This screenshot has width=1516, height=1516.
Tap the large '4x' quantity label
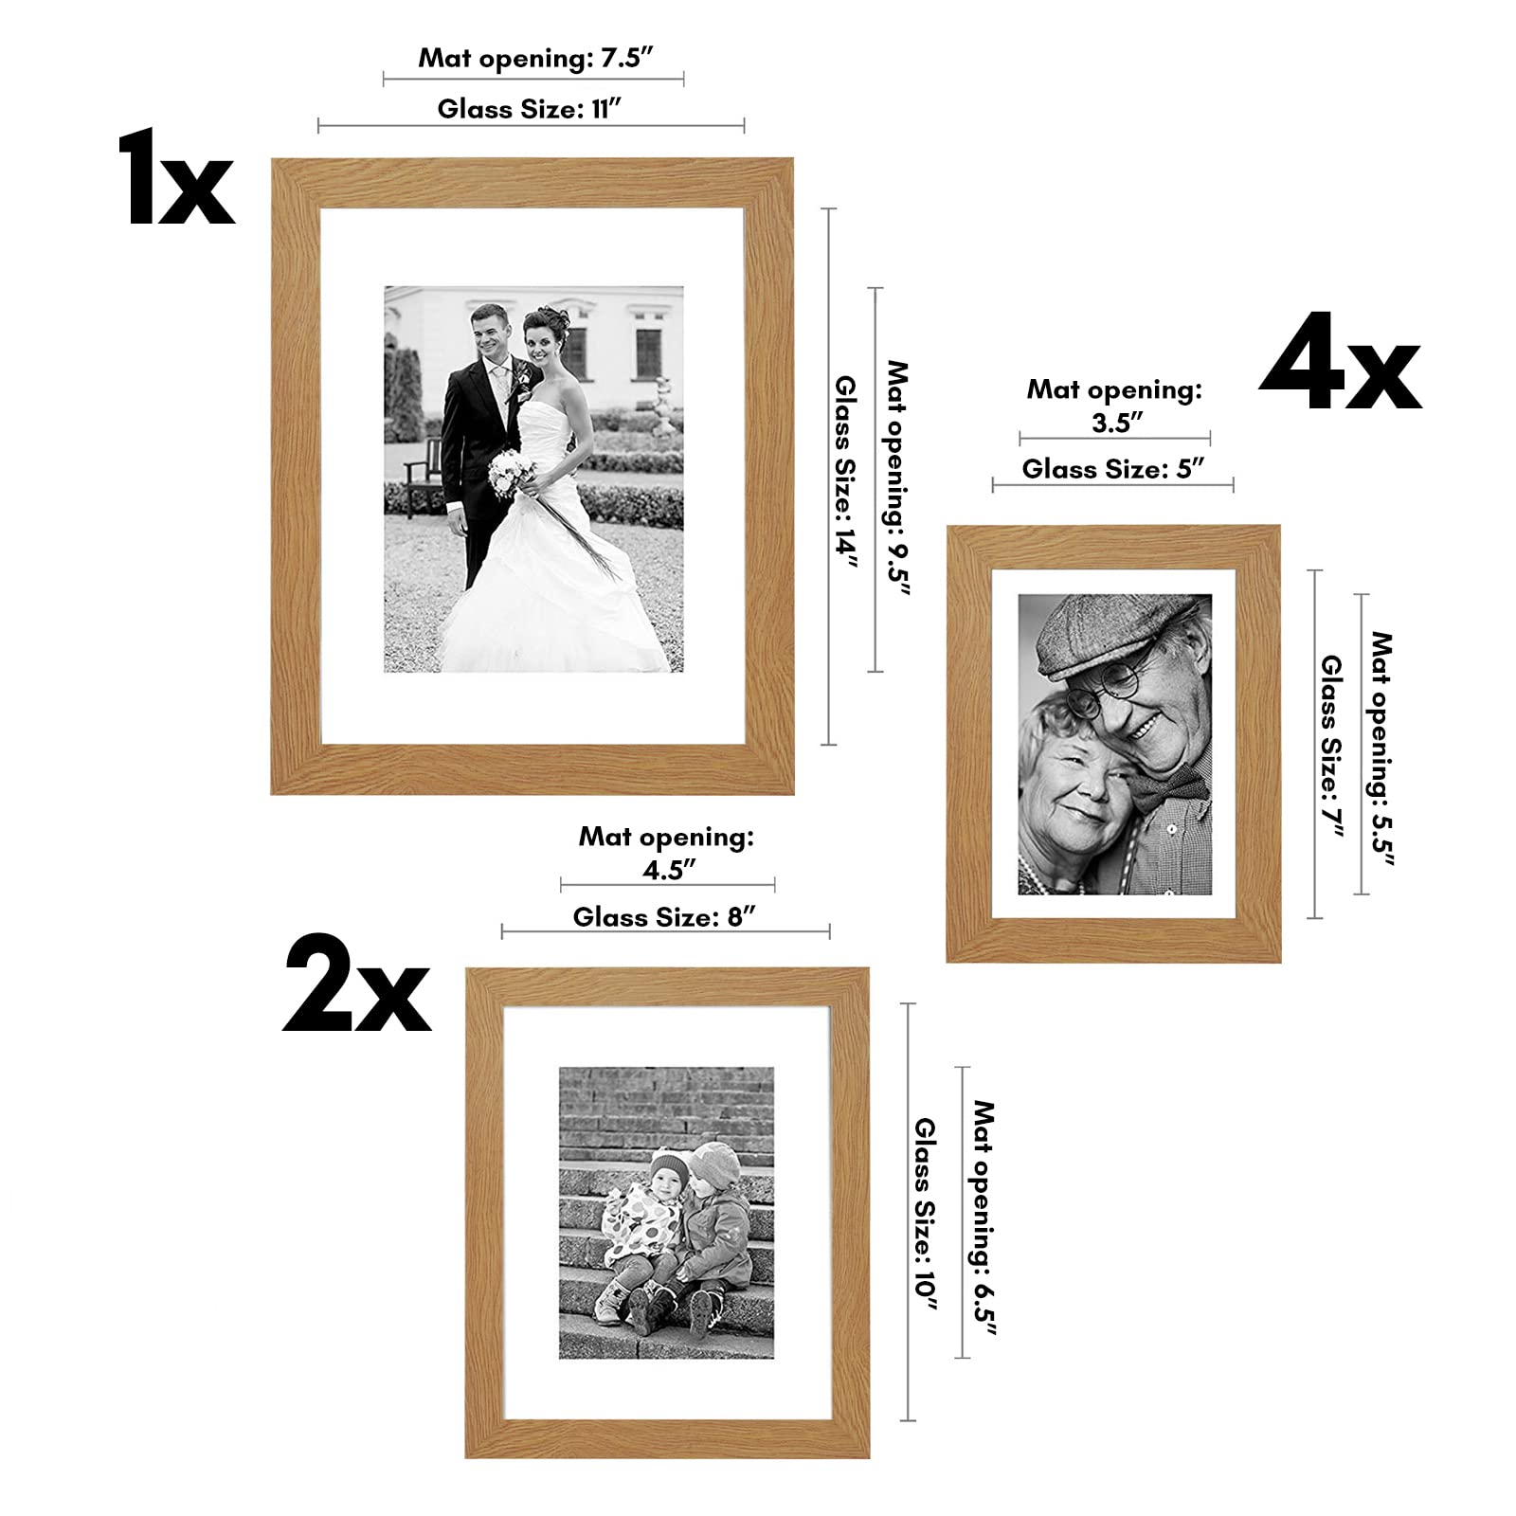1340,364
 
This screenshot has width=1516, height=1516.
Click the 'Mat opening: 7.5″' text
536,57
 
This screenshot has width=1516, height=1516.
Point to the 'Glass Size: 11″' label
530,108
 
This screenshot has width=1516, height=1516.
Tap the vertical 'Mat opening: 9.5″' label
896,478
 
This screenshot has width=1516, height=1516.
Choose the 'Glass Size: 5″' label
1113,468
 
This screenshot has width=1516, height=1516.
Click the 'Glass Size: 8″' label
664,916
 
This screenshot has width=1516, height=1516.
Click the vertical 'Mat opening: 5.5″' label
1381,749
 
